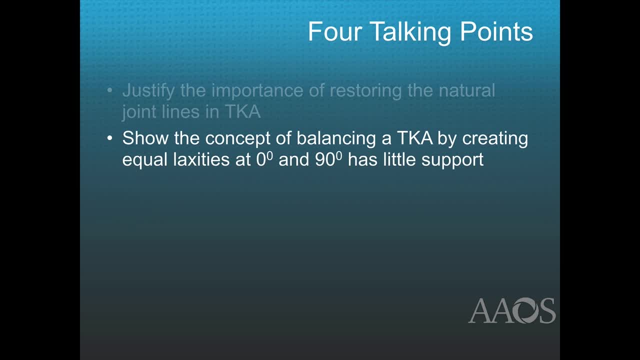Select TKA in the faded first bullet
coord(242,111)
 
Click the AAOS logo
coord(511,310)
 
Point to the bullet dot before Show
coord(110,138)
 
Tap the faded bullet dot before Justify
coord(110,91)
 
